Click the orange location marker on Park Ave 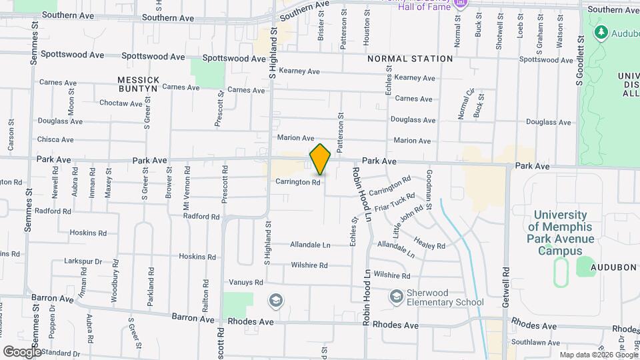point(321,159)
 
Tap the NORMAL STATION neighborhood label point(410,59)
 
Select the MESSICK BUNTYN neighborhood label point(138,83)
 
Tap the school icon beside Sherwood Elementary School point(396,295)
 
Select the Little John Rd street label point(408,221)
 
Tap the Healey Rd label point(429,241)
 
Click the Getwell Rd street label point(506,282)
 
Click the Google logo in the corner point(22,351)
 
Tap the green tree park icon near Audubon point(601,31)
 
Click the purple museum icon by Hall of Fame point(460,5)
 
